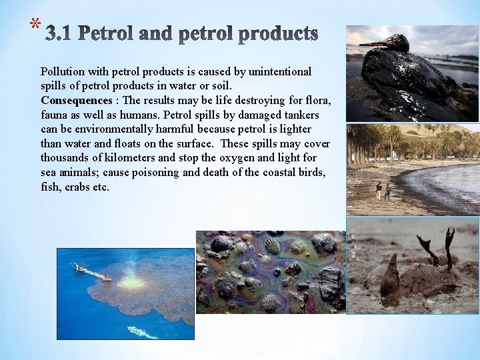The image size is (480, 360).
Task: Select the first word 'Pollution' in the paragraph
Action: (61, 71)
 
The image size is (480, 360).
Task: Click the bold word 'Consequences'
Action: (77, 101)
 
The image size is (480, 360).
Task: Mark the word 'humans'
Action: (135, 115)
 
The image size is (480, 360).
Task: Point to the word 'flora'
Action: (319, 101)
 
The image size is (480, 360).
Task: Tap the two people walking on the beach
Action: (383, 191)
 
